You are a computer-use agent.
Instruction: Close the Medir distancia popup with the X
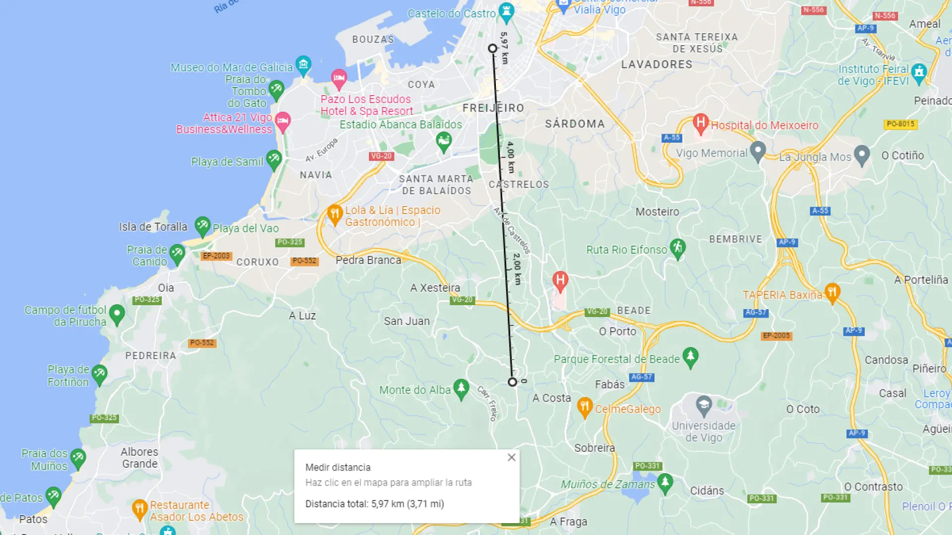coord(511,457)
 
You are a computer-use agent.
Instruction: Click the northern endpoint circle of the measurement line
coord(492,49)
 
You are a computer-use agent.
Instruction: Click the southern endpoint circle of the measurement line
coord(512,382)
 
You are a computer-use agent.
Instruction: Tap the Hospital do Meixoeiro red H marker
coord(700,123)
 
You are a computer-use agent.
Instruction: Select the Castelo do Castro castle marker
coord(506,11)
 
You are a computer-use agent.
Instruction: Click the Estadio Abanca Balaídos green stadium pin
coord(444,142)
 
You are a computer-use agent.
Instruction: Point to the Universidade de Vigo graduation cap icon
coord(704,406)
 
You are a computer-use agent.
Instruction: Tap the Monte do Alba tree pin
coord(461,388)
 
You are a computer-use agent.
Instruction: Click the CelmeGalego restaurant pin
coord(585,407)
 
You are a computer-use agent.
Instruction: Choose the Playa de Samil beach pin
coord(274,160)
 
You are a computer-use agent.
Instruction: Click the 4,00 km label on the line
coord(511,157)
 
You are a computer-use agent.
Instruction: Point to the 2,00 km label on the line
coord(517,269)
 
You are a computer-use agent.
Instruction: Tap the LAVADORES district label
coord(656,64)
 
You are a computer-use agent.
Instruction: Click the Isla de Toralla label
coord(153,227)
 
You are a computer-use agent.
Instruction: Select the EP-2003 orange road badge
coord(216,256)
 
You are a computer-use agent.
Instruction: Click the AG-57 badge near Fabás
coord(642,377)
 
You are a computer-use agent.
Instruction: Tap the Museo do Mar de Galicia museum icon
coord(303,65)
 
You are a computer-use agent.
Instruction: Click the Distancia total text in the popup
coord(374,504)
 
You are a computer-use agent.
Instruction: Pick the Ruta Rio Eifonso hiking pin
coord(677,248)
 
